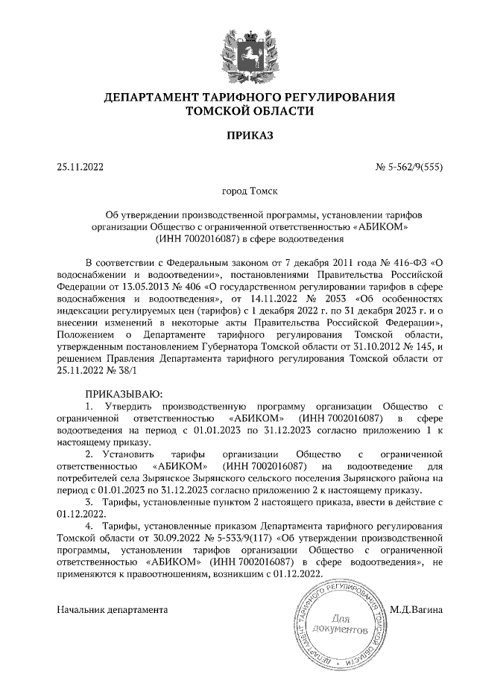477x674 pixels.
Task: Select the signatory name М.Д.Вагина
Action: click(416, 609)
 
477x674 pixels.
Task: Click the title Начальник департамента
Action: click(113, 609)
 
